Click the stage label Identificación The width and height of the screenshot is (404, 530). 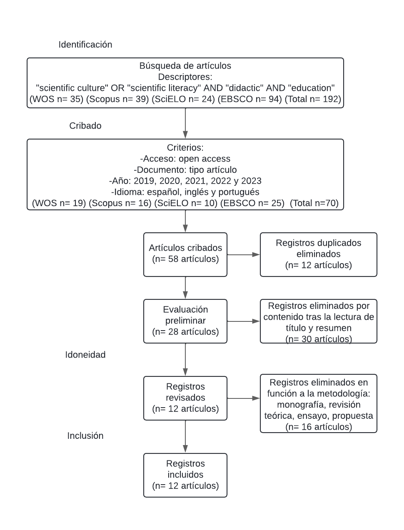(x=85, y=45)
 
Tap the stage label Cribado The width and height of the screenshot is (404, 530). (x=85, y=126)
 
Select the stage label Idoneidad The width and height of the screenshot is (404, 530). (x=85, y=355)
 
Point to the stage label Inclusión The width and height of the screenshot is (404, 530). (x=85, y=435)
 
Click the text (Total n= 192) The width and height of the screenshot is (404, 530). (x=313, y=99)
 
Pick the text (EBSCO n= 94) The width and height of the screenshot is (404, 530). (x=253, y=99)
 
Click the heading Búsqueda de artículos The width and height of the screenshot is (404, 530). (x=185, y=66)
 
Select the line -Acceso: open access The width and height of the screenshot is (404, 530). (x=185, y=159)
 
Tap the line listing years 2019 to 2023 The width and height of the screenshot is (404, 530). (x=185, y=181)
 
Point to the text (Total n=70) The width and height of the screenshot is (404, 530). (x=314, y=203)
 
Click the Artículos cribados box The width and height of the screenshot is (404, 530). (x=185, y=254)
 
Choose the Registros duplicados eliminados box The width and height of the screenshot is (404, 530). (x=318, y=254)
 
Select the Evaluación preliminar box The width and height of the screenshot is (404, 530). (x=185, y=321)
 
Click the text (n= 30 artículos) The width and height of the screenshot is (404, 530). (x=318, y=339)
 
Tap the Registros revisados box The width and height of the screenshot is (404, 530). (x=185, y=398)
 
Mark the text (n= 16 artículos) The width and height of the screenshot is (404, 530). (x=318, y=427)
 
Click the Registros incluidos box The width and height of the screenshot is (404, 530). (x=185, y=475)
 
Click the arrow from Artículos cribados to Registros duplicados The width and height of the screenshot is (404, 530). (x=244, y=254)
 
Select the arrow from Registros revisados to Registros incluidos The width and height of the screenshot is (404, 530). (x=185, y=436)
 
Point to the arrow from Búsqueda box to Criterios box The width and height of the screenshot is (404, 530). (x=185, y=123)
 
